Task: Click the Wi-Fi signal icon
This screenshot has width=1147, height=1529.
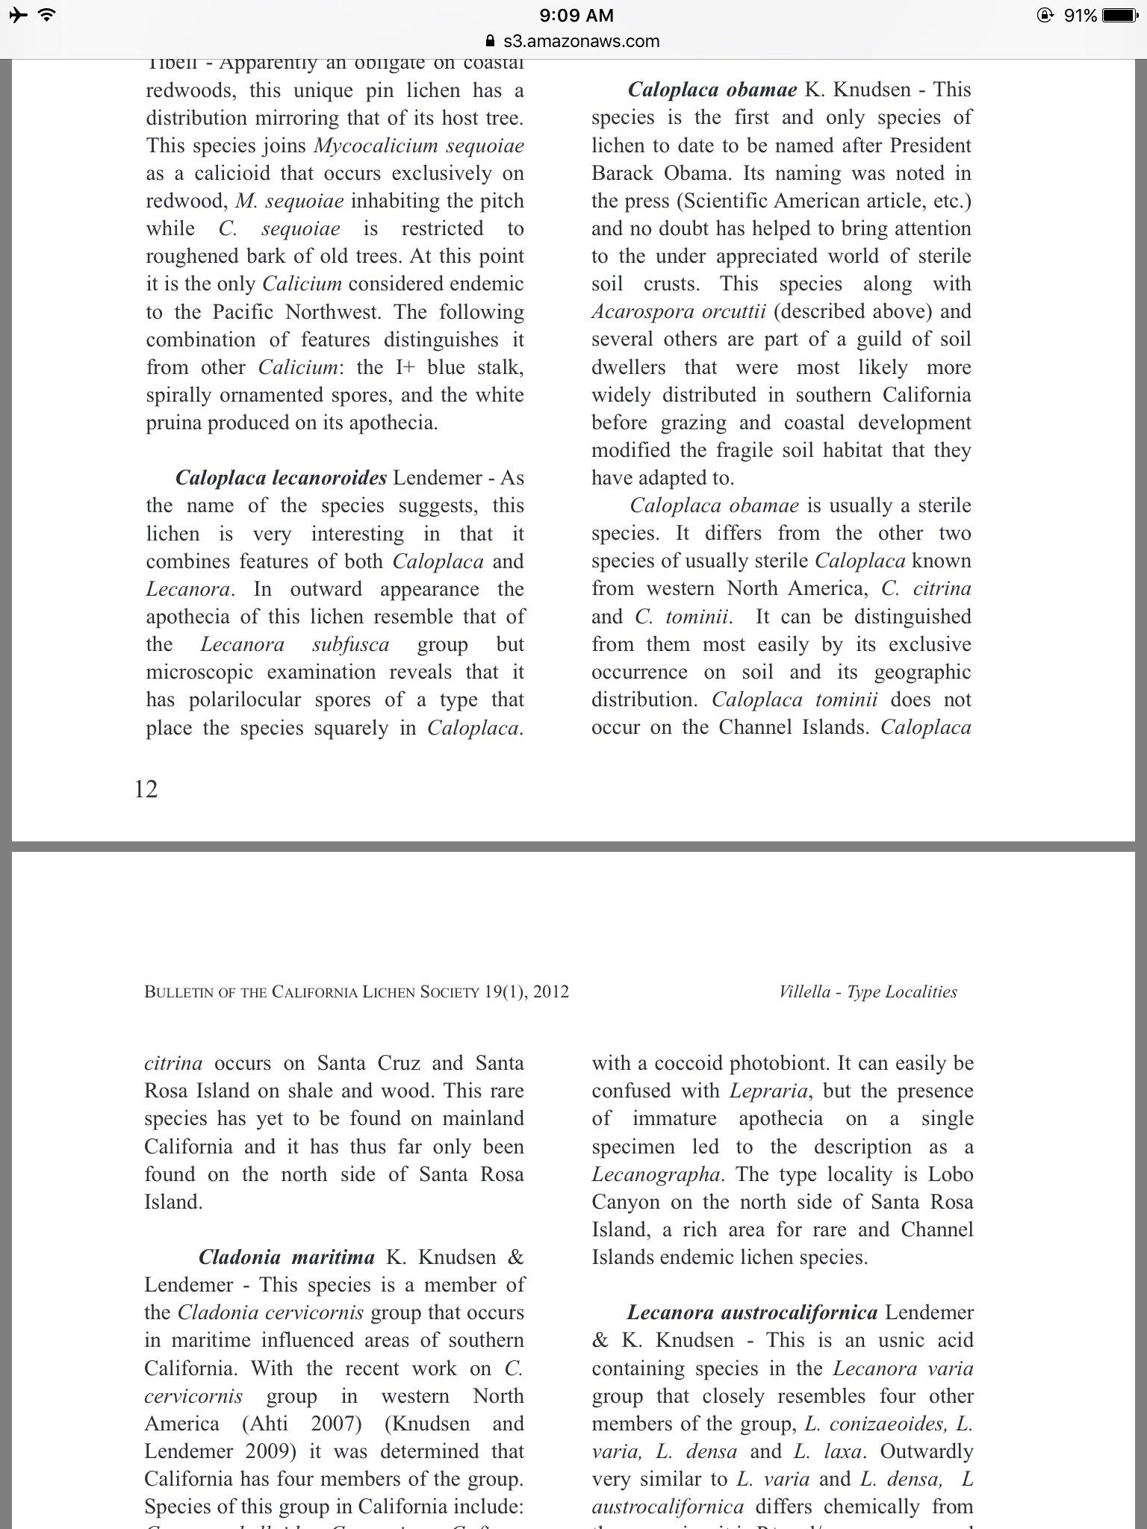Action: [x=47, y=15]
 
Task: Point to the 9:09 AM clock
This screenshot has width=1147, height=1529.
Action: [x=576, y=15]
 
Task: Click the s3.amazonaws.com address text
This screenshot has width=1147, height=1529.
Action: [x=581, y=41]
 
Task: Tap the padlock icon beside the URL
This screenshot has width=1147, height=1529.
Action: [x=490, y=41]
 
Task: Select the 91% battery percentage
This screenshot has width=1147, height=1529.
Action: [x=1080, y=15]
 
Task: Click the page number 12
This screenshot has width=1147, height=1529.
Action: [x=146, y=789]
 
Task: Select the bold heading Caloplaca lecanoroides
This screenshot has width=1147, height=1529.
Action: [x=281, y=478]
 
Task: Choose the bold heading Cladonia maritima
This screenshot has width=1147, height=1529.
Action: [x=287, y=1257]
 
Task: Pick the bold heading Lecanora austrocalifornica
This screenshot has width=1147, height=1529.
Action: [x=752, y=1312]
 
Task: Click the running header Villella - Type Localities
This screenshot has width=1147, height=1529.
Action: [x=868, y=992]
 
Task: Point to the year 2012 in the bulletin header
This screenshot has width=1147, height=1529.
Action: [x=551, y=992]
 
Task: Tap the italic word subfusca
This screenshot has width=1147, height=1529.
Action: [x=350, y=645]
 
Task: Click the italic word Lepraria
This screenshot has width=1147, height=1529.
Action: [x=768, y=1092]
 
